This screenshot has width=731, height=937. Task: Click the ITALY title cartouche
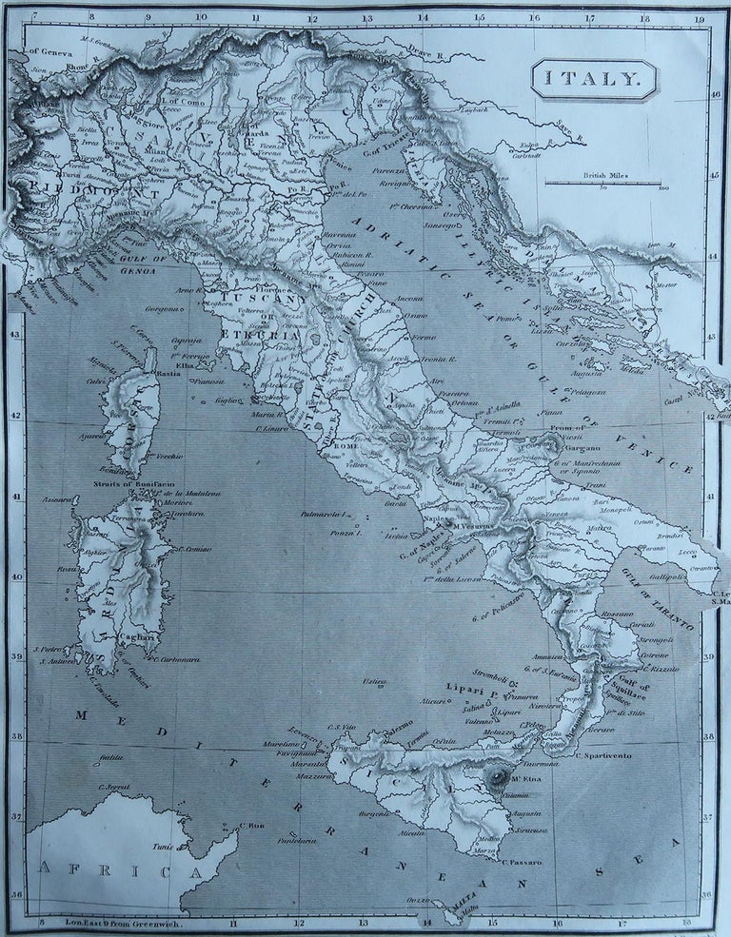pos(594,80)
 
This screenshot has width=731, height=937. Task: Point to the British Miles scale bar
pos(603,181)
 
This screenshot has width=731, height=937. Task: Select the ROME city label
pos(346,445)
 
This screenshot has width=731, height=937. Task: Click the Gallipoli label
pos(668,576)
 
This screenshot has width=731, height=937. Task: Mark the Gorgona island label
pos(163,308)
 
